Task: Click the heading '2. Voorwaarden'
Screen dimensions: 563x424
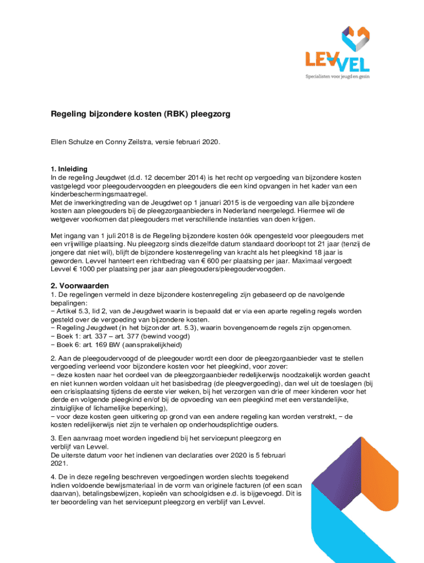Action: point(80,286)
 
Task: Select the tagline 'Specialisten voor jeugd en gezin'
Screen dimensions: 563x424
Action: point(338,78)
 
